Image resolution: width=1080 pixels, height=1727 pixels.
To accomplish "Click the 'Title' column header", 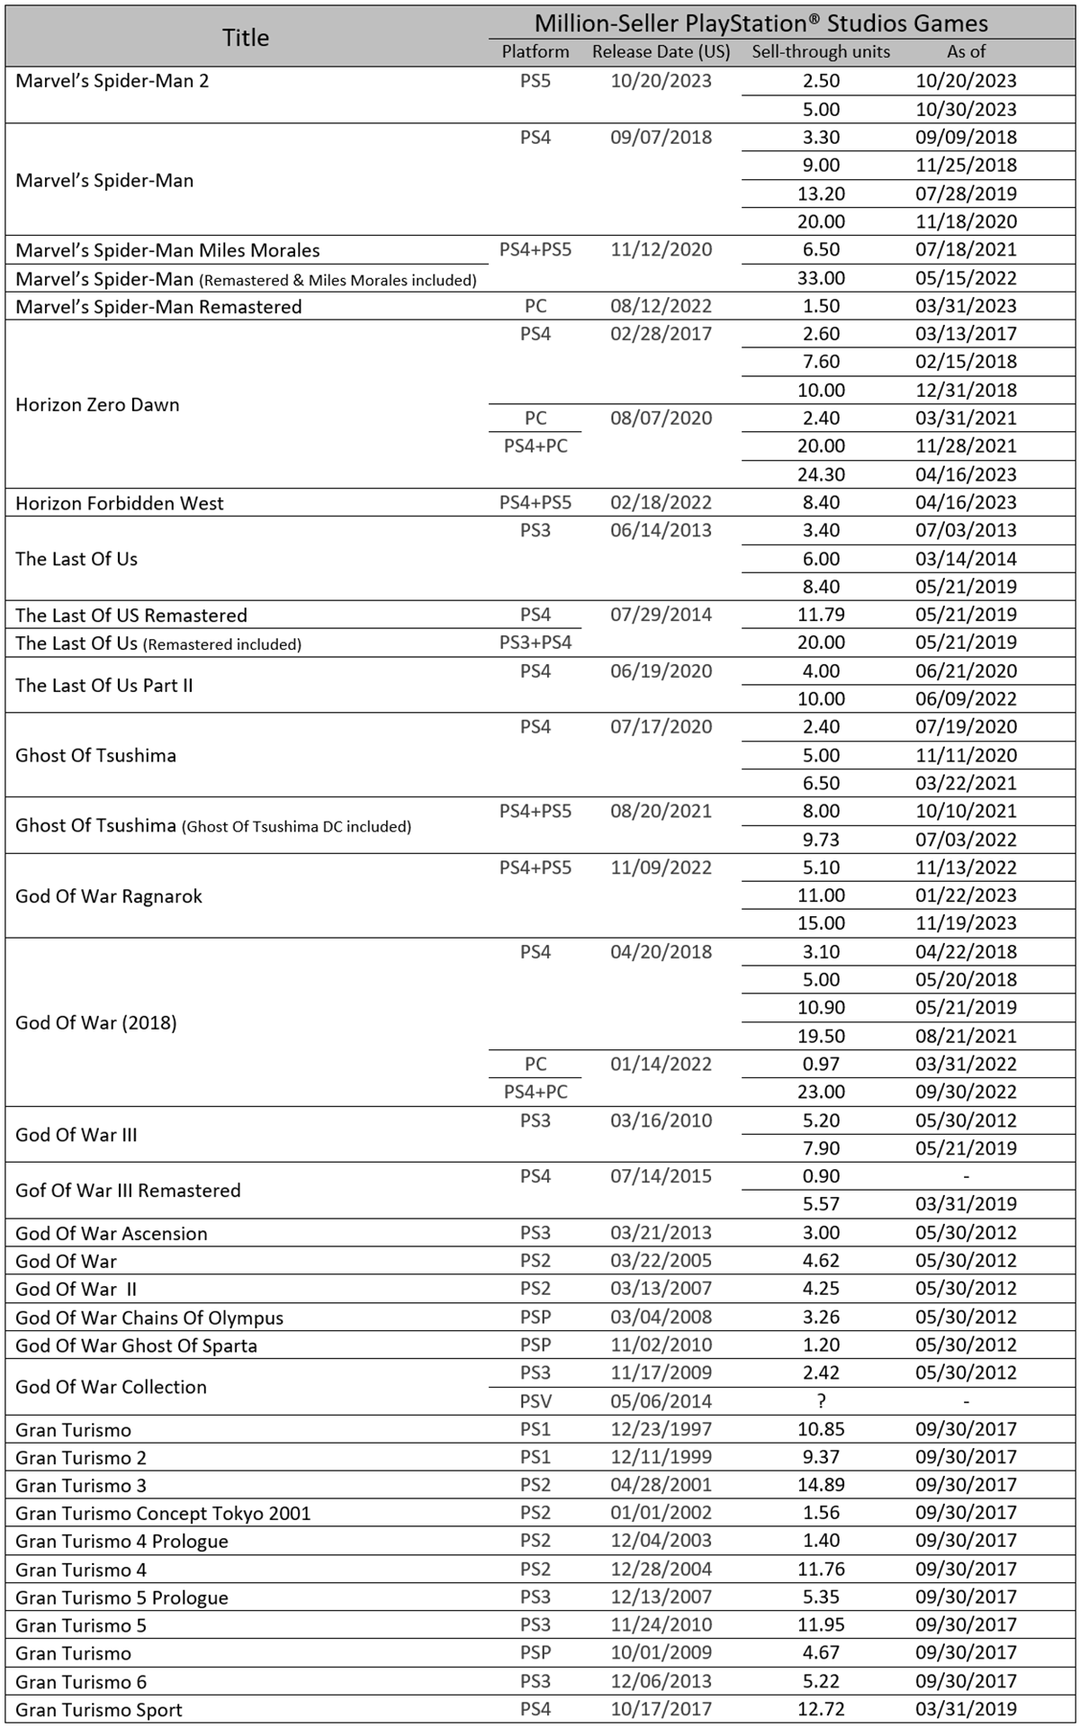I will [246, 37].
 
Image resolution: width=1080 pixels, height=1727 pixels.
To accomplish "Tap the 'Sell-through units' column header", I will [821, 51].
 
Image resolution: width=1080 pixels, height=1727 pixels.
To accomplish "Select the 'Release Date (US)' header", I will [661, 51].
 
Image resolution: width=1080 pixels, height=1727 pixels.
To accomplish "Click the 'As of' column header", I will [966, 51].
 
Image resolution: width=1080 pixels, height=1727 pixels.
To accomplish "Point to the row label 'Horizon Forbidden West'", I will [120, 503].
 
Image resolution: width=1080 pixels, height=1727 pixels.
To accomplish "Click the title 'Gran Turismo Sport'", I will [99, 1710].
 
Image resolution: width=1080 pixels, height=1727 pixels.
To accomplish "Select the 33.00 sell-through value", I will [821, 278].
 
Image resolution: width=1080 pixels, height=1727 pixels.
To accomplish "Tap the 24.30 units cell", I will [821, 474].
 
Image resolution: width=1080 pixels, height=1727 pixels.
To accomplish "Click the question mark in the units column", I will [821, 1401].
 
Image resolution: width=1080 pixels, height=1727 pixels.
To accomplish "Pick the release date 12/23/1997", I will [661, 1429].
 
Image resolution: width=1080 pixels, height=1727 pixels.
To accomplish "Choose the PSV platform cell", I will [535, 1401].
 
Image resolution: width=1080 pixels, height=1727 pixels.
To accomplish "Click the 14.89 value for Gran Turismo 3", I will [821, 1485].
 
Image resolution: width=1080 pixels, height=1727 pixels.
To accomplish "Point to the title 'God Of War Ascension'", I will [112, 1233].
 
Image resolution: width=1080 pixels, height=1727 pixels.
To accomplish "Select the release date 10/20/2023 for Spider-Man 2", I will [661, 81].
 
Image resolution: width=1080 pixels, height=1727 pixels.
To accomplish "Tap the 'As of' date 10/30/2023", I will [966, 109].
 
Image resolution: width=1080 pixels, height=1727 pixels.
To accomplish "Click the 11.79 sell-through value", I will [821, 615].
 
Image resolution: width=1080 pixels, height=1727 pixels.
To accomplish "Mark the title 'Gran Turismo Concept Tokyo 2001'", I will [163, 1513].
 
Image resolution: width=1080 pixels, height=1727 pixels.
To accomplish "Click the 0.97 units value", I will [821, 1064].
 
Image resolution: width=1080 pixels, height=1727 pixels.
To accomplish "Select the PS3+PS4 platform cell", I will [535, 643].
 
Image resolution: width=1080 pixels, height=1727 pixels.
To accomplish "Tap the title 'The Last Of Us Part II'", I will [104, 685].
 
